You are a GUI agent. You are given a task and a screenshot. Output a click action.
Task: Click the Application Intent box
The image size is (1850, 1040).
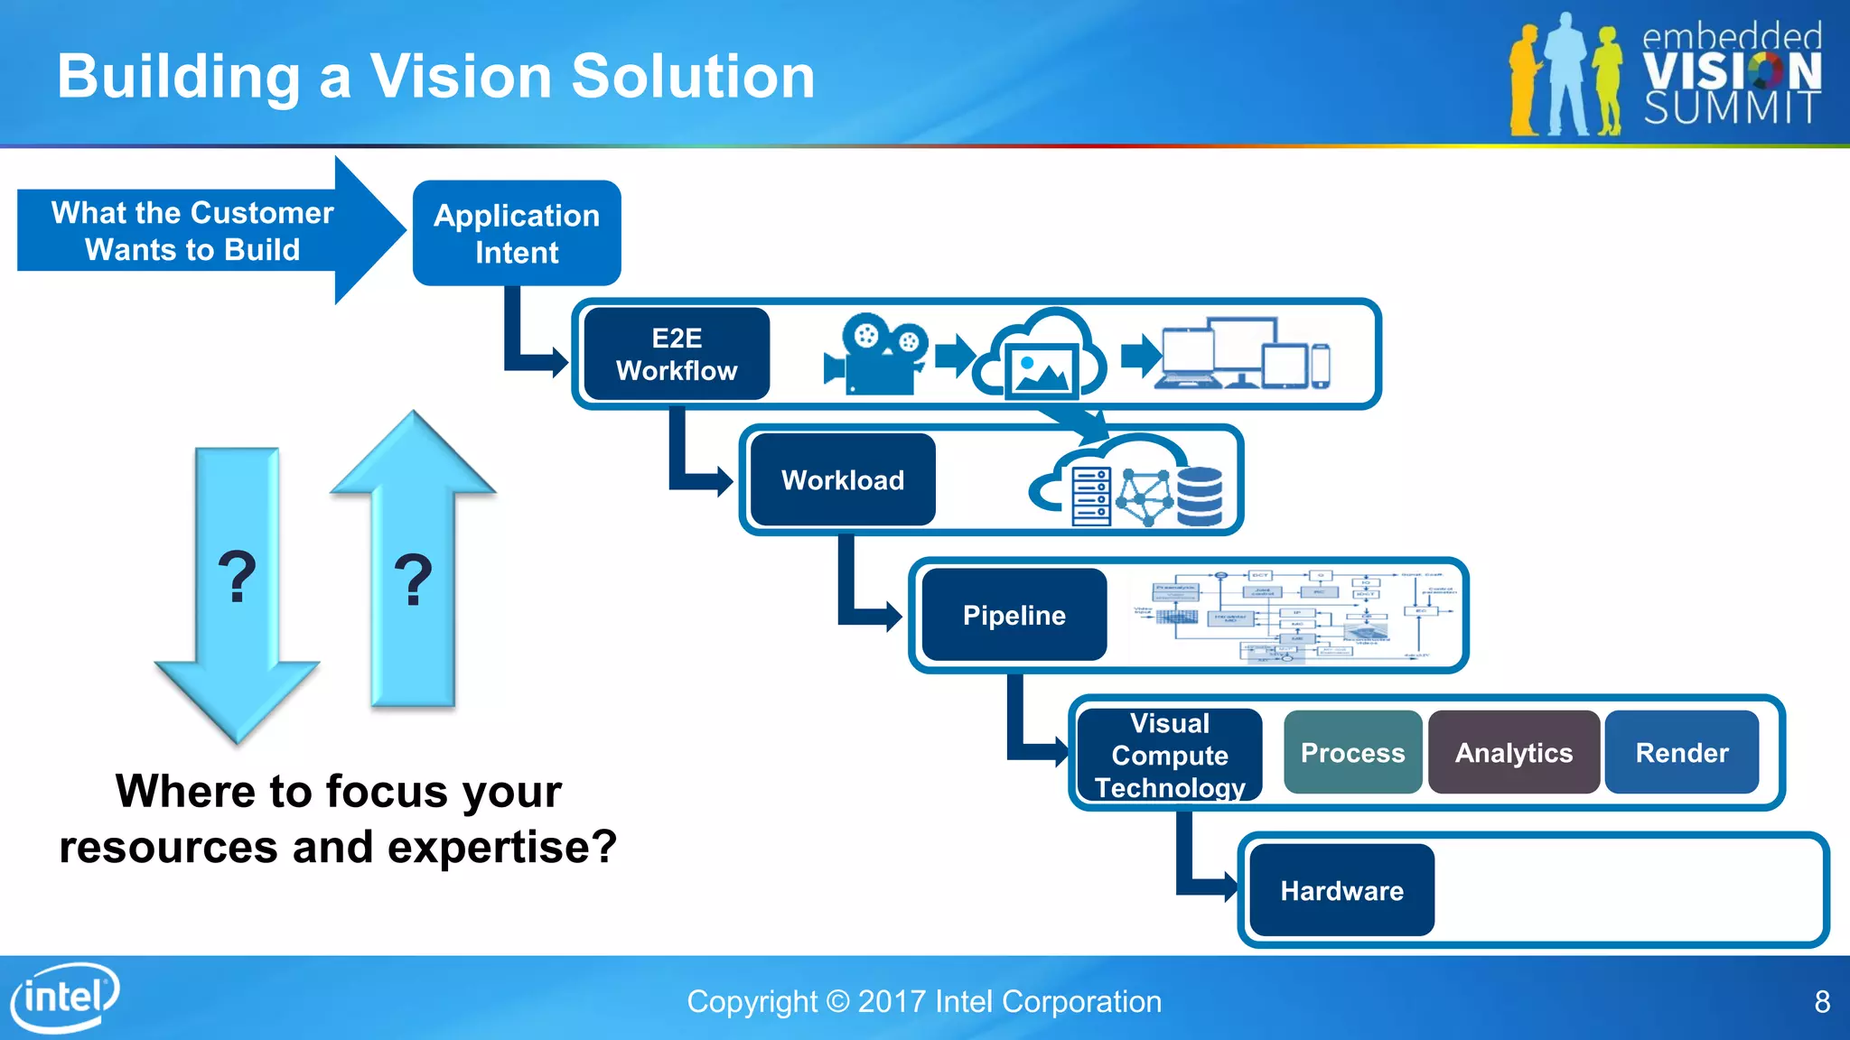[517, 233]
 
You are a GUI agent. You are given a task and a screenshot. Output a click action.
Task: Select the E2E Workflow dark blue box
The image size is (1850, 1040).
[677, 354]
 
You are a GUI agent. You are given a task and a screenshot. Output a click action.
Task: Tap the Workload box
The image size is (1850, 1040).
[842, 479]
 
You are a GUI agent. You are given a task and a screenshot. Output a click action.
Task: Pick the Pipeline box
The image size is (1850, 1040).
[1014, 615]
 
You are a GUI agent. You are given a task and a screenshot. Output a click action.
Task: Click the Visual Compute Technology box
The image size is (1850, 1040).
[1170, 755]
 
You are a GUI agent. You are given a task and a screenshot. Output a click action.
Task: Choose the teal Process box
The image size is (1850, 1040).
[1352, 752]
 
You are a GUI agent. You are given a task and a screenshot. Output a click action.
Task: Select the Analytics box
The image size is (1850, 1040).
[1513, 752]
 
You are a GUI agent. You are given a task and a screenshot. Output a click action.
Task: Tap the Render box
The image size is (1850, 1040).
[1681, 752]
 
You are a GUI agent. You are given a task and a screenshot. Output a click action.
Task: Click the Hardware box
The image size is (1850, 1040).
[1341, 890]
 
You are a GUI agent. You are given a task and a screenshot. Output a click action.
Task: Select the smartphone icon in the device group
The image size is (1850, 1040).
[1321, 366]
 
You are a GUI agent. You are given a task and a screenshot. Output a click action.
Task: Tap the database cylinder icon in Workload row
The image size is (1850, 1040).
[1200, 496]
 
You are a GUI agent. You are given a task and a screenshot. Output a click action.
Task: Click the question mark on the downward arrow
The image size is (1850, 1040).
[238, 578]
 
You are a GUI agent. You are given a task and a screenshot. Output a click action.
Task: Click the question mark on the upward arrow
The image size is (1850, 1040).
[414, 580]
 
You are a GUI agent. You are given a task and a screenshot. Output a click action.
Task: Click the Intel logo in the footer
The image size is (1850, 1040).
[65, 998]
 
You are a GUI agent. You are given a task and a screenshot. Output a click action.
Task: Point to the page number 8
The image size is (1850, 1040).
[1822, 1002]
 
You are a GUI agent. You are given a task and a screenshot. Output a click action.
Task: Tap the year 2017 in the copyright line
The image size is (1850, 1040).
[892, 1002]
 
